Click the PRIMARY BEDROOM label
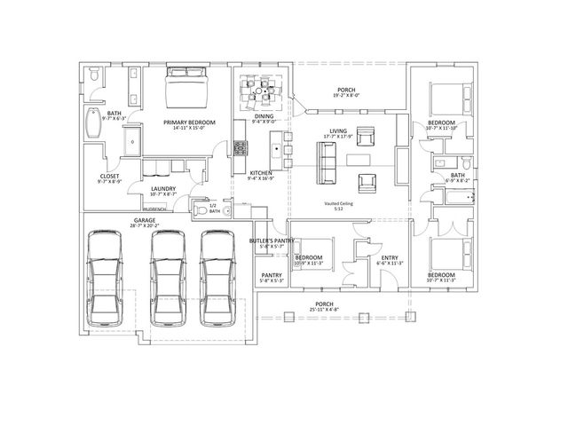point(189,122)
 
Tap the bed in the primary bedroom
point(188,90)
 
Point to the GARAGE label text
point(145,219)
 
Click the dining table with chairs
point(264,90)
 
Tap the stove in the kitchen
point(240,146)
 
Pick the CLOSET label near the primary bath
point(109,176)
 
